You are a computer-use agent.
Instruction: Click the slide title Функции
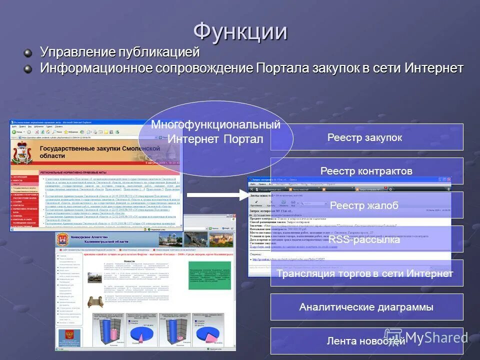coord(240,31)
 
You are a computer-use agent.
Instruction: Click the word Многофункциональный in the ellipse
coord(215,124)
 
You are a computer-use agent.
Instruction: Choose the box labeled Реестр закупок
coord(366,137)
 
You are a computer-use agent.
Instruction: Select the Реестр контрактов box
coord(366,171)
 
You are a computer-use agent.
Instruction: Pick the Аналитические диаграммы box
coord(366,307)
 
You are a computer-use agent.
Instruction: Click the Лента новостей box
coord(366,341)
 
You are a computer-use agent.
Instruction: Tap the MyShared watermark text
coord(435,337)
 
